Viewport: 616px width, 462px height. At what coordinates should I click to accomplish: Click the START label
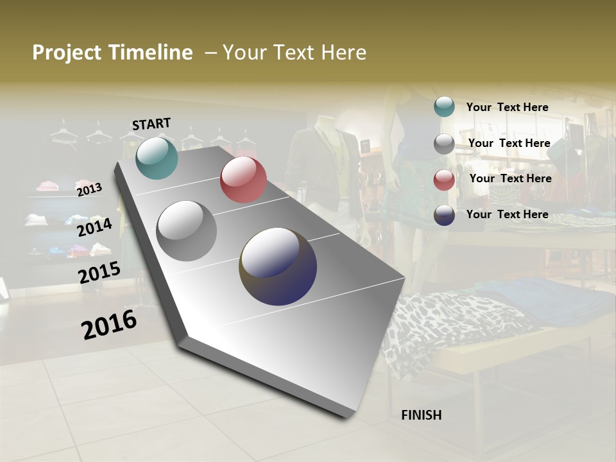tap(151, 124)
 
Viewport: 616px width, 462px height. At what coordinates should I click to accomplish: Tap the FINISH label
tap(422, 415)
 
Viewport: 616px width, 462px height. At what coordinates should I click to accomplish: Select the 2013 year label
tap(89, 189)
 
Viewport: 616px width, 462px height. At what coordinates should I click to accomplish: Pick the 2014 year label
tap(94, 227)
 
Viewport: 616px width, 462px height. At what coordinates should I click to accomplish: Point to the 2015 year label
tap(99, 272)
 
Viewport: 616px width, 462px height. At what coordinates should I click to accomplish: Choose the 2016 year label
tap(109, 324)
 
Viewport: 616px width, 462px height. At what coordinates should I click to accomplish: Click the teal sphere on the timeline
tap(157, 158)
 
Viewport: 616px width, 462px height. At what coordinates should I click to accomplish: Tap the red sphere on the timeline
tap(243, 180)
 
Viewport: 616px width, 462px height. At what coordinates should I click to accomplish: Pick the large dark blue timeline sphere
tap(278, 266)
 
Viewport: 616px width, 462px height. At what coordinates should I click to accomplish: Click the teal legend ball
tap(444, 107)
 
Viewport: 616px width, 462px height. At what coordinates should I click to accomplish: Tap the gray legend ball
tap(444, 144)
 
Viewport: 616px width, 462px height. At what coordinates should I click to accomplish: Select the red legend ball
tap(444, 180)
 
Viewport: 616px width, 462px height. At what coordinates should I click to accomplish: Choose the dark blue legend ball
tap(444, 215)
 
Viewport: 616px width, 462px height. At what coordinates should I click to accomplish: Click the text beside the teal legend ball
tap(507, 107)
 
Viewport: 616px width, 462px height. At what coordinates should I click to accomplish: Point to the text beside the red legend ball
tap(510, 178)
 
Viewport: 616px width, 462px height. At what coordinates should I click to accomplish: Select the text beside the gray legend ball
tap(509, 143)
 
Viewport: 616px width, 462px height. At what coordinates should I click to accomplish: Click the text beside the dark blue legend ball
tap(507, 214)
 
